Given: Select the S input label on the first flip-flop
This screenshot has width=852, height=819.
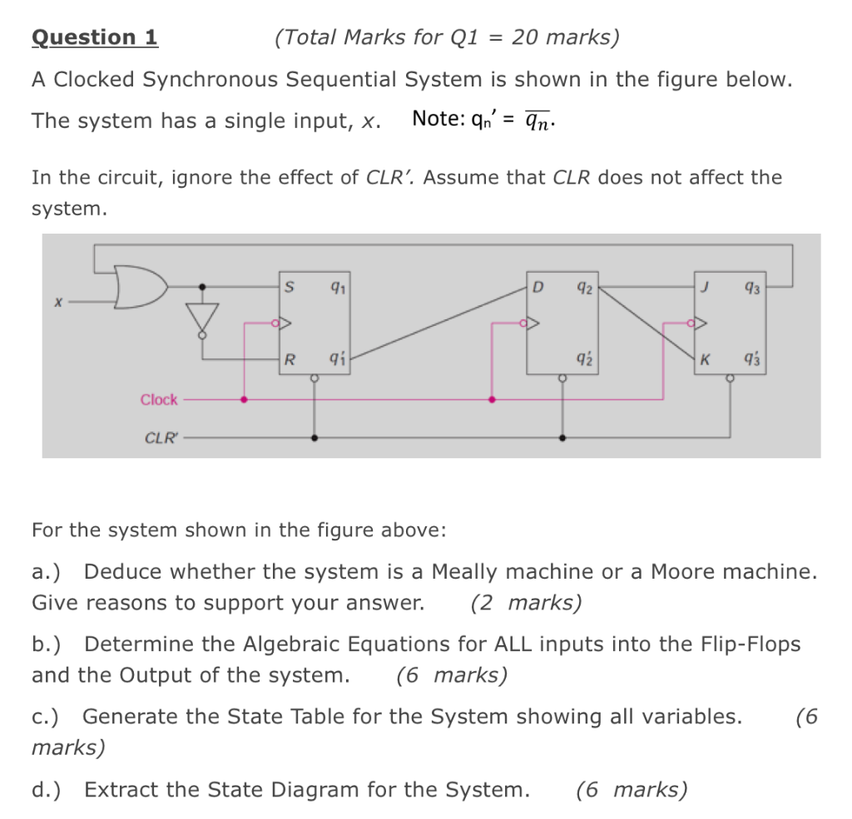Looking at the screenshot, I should [x=289, y=288].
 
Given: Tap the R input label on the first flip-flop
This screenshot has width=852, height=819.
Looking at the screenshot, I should [x=289, y=360].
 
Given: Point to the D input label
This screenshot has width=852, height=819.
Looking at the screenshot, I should [x=537, y=288].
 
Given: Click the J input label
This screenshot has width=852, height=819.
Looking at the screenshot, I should [x=705, y=288].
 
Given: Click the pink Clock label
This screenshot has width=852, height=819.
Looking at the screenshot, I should [x=159, y=400].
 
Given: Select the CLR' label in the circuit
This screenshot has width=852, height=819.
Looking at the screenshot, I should [x=161, y=437].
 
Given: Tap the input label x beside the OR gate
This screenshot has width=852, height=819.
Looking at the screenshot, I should [x=57, y=303].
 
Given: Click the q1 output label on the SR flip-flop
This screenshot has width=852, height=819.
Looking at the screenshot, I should [x=336, y=288].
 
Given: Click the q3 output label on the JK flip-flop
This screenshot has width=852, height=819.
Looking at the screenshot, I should [x=752, y=288].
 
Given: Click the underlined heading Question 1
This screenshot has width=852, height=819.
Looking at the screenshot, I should [x=94, y=37].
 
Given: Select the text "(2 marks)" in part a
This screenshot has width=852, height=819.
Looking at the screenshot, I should [x=526, y=603].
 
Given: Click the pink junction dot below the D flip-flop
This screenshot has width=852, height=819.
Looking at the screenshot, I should [x=492, y=399].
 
